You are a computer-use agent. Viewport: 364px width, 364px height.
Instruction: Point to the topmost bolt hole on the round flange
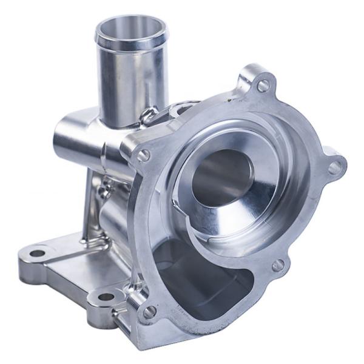click(x=263, y=86)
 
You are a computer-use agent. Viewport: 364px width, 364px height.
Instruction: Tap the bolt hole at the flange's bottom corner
click(x=148, y=312)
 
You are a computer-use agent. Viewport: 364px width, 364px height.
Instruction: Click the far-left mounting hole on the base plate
click(x=38, y=253)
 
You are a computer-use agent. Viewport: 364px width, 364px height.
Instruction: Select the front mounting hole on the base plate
click(x=106, y=298)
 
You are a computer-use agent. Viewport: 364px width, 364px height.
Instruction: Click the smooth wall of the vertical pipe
click(x=130, y=79)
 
